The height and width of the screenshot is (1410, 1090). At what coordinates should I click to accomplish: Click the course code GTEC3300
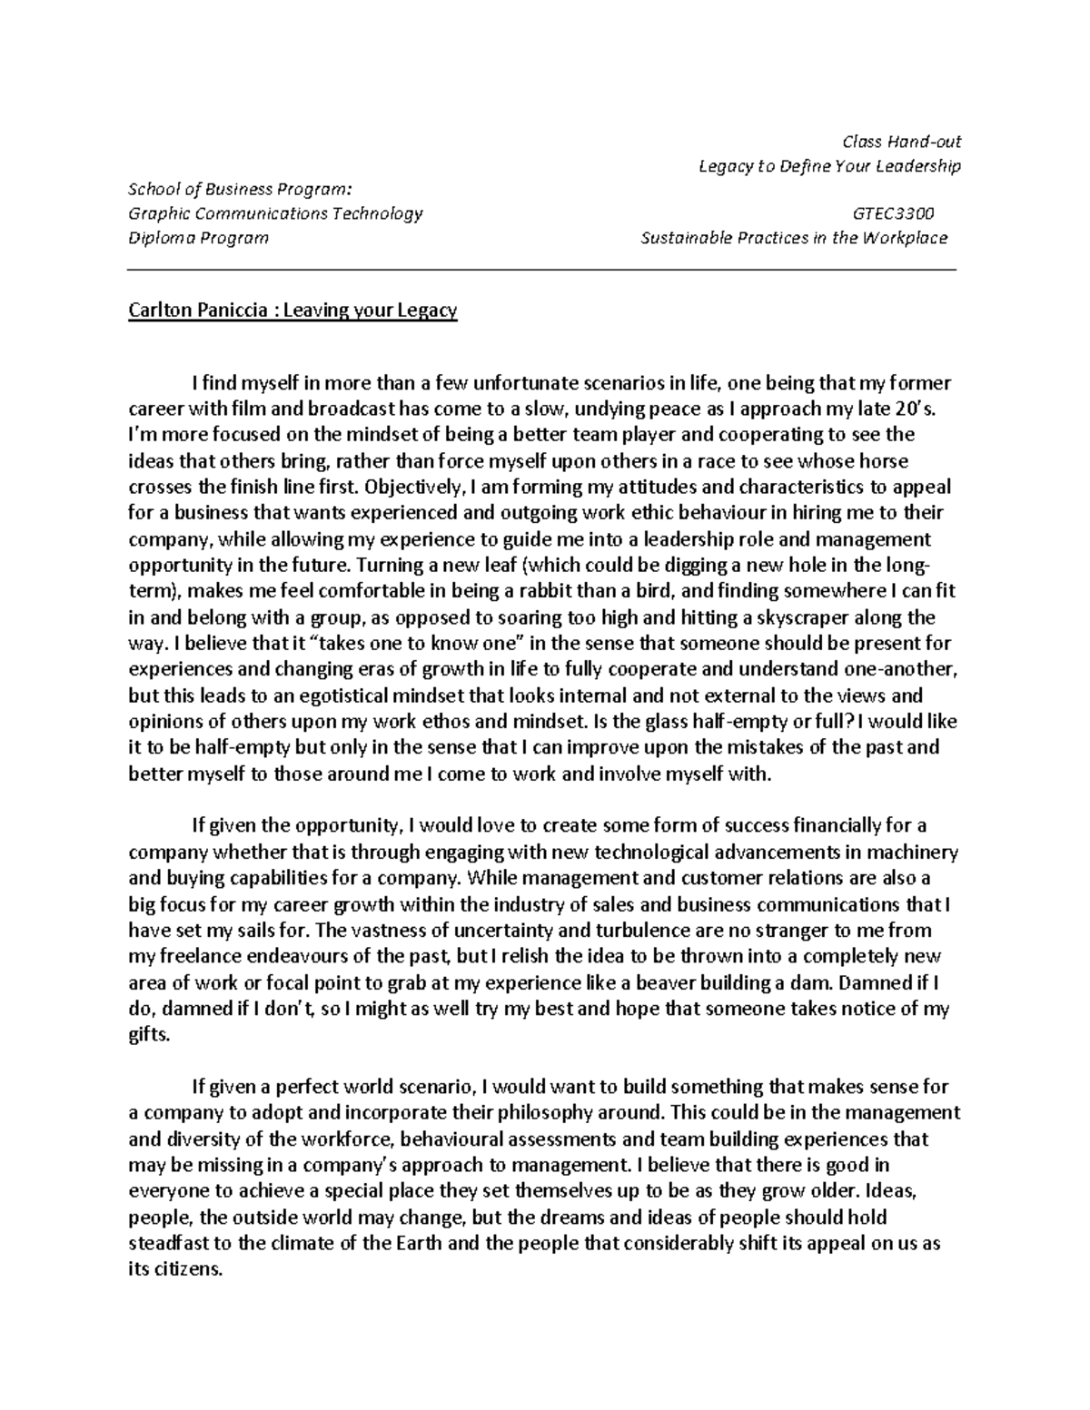pos(893,214)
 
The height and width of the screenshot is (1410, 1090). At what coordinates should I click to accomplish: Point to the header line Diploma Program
pos(198,238)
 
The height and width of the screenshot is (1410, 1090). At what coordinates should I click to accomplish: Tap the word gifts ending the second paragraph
pos(148,1035)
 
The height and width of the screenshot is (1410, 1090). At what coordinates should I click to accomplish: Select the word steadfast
pos(164,1244)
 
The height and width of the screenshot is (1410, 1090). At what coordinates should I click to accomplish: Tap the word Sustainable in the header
pos(685,238)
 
